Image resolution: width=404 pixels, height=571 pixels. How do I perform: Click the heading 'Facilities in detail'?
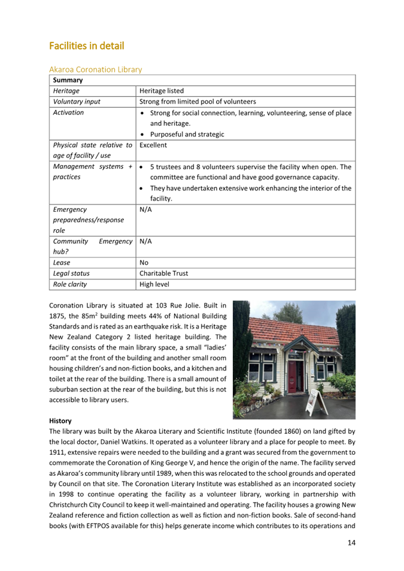86,45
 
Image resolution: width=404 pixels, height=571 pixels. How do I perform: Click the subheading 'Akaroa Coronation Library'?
95,69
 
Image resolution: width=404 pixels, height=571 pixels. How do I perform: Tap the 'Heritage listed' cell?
162,91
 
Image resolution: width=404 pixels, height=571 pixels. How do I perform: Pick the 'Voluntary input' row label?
77,102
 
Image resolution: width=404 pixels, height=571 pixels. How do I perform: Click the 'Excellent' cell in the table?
153,145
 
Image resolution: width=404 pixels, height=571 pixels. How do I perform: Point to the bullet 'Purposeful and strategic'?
187,134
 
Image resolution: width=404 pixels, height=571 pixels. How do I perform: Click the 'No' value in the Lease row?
144,262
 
